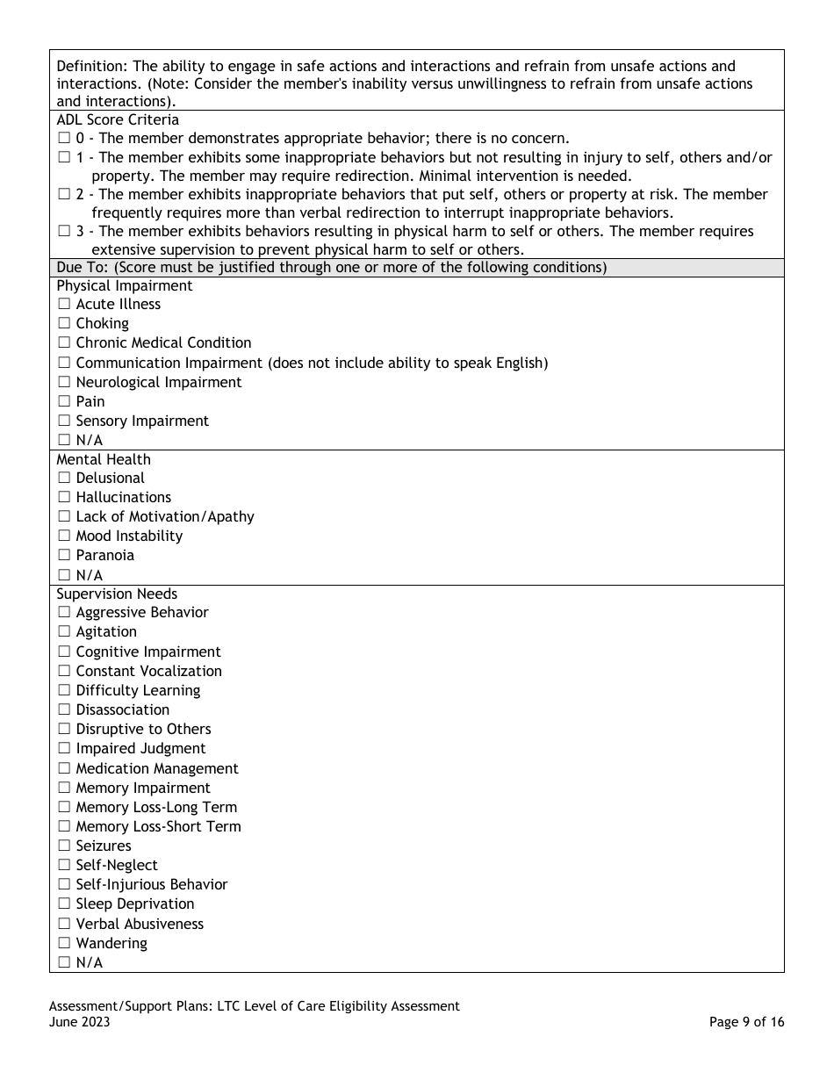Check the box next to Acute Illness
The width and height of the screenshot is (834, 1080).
(63, 305)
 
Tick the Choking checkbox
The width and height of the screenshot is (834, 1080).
(63, 324)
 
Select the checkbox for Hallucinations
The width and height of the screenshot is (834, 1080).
(63, 498)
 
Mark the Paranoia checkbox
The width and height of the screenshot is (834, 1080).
(63, 556)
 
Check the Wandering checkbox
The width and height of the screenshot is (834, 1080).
(63, 944)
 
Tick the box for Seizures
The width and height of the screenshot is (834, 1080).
(63, 846)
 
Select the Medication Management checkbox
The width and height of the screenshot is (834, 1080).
(63, 769)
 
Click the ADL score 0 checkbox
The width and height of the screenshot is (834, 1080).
(63, 139)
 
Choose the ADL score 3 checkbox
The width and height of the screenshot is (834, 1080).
(63, 232)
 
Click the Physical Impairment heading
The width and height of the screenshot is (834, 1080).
(124, 285)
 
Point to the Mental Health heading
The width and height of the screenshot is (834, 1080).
(103, 459)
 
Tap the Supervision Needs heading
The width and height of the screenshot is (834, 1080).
(116, 594)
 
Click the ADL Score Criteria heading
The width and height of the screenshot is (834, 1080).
(117, 119)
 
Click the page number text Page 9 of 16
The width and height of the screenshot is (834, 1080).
(746, 1022)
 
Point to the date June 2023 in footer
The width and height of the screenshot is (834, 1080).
(80, 1022)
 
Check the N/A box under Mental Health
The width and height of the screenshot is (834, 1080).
(63, 576)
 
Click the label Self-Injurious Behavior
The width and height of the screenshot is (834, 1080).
(151, 885)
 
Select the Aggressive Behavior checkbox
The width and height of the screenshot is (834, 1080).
(63, 613)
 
